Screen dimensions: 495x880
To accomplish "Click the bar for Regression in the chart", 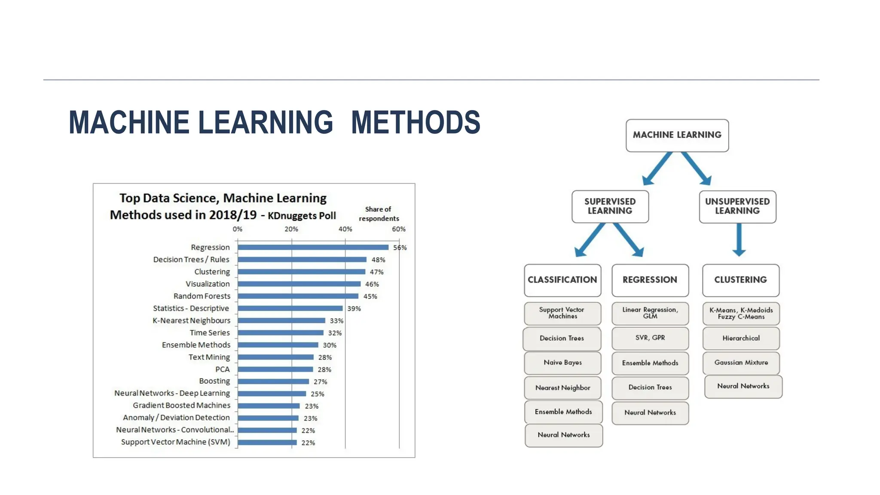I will pyautogui.click(x=313, y=247).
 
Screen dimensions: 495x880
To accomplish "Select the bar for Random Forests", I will pyautogui.click(x=298, y=296).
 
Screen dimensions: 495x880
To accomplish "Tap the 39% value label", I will pyautogui.click(x=354, y=309).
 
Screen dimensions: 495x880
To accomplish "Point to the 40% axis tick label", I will pyautogui.click(x=345, y=229).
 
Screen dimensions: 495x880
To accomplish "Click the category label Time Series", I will pyautogui.click(x=210, y=333).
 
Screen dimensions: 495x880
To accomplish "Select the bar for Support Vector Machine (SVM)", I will pyautogui.click(x=267, y=442).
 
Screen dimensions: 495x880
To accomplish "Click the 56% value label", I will pyautogui.click(x=400, y=247).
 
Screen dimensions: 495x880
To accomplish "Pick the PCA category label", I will pyautogui.click(x=223, y=369).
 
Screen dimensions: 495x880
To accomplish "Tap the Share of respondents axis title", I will pyautogui.click(x=379, y=214).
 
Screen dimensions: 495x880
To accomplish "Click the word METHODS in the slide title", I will pyautogui.click(x=416, y=122).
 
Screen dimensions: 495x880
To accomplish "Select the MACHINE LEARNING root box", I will pyautogui.click(x=677, y=135).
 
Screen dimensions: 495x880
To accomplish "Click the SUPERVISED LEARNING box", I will pyautogui.click(x=610, y=206).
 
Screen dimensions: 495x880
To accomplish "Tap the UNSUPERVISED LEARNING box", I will pyautogui.click(x=737, y=206).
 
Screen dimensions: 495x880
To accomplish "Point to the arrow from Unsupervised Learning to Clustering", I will pyautogui.click(x=739, y=239).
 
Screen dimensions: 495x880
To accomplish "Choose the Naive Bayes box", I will pyautogui.click(x=562, y=363).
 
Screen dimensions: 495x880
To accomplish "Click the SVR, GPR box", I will pyautogui.click(x=650, y=338).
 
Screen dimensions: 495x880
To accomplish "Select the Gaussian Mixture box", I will pyautogui.click(x=741, y=363).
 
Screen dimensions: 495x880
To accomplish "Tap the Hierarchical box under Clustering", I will pyautogui.click(x=741, y=338).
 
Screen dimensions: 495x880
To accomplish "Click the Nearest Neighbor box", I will pyautogui.click(x=562, y=388).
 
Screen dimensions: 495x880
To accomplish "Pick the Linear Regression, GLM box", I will pyautogui.click(x=650, y=313).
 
